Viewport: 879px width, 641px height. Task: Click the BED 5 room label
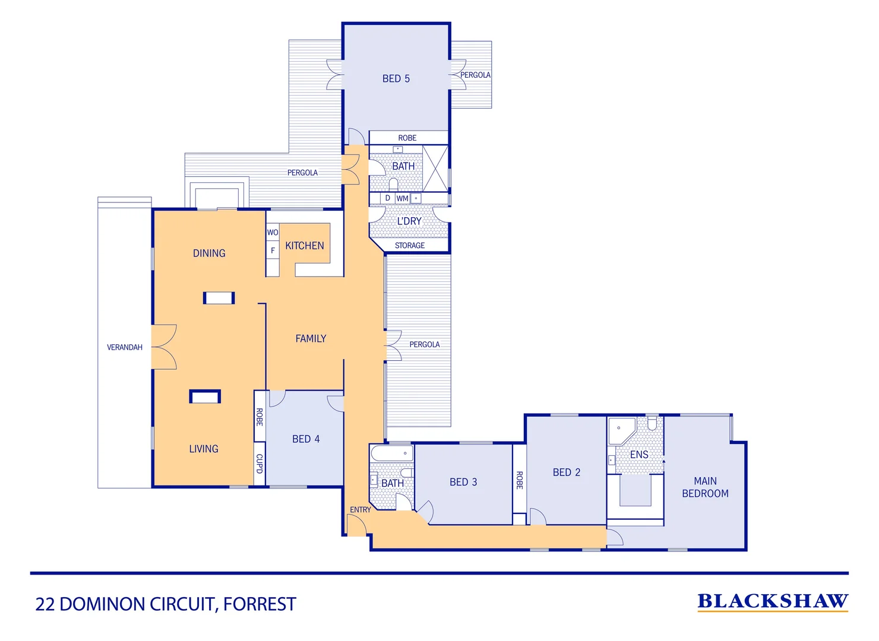(396, 78)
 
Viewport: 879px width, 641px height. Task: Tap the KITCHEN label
(304, 246)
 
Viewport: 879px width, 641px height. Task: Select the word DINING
(209, 253)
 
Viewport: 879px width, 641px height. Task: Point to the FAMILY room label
(311, 339)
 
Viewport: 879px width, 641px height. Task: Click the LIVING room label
(204, 449)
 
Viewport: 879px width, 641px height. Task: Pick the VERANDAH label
(125, 347)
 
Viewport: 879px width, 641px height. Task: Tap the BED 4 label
(306, 439)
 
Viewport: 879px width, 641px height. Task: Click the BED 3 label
(463, 482)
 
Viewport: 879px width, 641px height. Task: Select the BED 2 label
(566, 472)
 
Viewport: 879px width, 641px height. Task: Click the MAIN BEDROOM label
(705, 487)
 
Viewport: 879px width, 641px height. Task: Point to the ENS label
(639, 455)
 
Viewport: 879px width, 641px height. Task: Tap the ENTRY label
(360, 510)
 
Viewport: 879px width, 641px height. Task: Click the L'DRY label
(409, 221)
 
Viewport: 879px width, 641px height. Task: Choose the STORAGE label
(410, 245)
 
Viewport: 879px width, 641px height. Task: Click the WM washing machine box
(402, 198)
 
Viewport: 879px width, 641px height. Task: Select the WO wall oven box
(272, 232)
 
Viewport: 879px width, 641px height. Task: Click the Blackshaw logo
(772, 602)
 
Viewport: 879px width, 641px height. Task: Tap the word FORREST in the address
(260, 604)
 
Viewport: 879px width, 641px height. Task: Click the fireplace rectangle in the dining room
(219, 298)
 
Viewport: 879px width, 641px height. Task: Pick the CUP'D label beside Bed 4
(260, 464)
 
